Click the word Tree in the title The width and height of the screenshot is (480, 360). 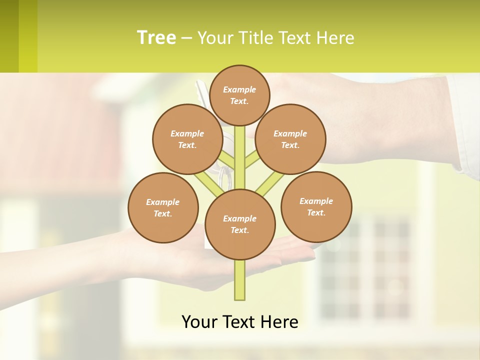156,37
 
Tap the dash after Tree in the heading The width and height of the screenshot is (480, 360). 186,38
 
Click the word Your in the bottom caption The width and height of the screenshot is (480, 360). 199,322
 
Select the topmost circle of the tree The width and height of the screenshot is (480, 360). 240,95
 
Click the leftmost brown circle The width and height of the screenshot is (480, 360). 163,207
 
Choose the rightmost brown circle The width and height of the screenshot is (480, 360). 316,206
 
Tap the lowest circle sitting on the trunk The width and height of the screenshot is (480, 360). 240,224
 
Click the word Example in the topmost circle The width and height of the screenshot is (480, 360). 239,89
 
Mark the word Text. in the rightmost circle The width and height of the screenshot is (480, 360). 316,212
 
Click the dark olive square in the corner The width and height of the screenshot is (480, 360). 9,36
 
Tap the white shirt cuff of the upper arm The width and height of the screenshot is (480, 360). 464,125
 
